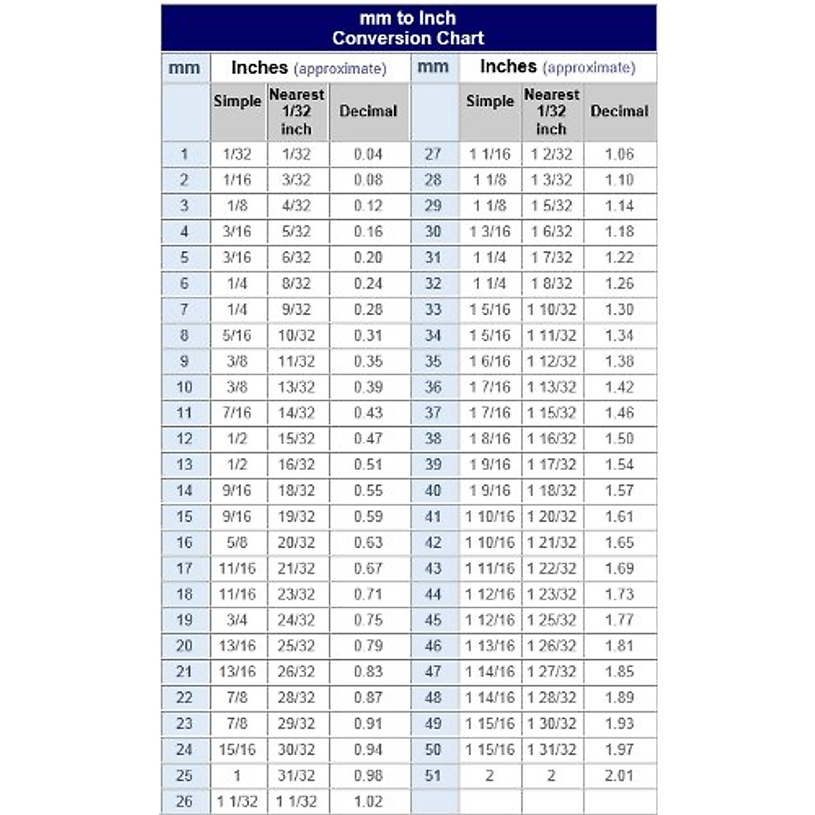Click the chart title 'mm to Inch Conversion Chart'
pyautogui.click(x=408, y=28)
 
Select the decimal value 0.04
pyautogui.click(x=368, y=154)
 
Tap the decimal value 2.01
pyautogui.click(x=619, y=775)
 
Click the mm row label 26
pyautogui.click(x=184, y=801)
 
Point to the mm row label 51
pyautogui.click(x=433, y=775)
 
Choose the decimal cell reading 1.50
pyautogui.click(x=619, y=439)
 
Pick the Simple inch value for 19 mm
pyautogui.click(x=237, y=620)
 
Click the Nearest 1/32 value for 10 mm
pyautogui.click(x=296, y=387)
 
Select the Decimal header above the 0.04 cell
pyautogui.click(x=368, y=111)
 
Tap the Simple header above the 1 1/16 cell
pyautogui.click(x=490, y=101)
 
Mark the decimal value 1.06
pyautogui.click(x=619, y=154)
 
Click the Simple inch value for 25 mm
pyautogui.click(x=237, y=775)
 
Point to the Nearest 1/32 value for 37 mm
pyautogui.click(x=551, y=413)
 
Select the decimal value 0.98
pyautogui.click(x=368, y=775)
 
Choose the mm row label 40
pyautogui.click(x=433, y=490)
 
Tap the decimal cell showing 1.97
pyautogui.click(x=619, y=749)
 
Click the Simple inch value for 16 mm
pyautogui.click(x=237, y=543)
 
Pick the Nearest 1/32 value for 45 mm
pyautogui.click(x=551, y=620)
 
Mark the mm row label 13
pyautogui.click(x=184, y=465)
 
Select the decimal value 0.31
pyautogui.click(x=368, y=336)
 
